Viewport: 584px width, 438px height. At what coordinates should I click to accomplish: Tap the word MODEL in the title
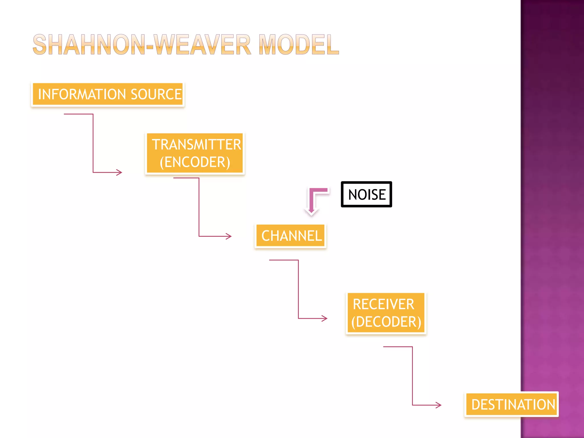point(299,45)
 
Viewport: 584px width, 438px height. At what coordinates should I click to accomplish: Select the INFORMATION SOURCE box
point(108,94)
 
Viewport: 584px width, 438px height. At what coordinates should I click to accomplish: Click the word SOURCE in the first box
point(156,94)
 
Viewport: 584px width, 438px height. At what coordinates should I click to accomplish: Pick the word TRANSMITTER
point(196,144)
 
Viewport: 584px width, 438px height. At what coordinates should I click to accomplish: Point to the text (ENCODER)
point(195,162)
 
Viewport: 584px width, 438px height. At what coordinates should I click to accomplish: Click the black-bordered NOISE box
point(366,194)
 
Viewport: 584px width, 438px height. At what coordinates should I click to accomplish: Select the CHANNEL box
point(291,236)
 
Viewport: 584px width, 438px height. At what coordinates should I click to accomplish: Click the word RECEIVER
point(383,304)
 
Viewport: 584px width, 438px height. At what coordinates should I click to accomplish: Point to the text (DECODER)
point(386,322)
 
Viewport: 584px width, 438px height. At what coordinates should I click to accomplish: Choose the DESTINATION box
point(512,405)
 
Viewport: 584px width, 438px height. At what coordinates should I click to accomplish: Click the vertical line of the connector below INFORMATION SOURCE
point(93,143)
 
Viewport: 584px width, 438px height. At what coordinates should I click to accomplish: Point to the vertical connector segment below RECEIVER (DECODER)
point(412,376)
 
